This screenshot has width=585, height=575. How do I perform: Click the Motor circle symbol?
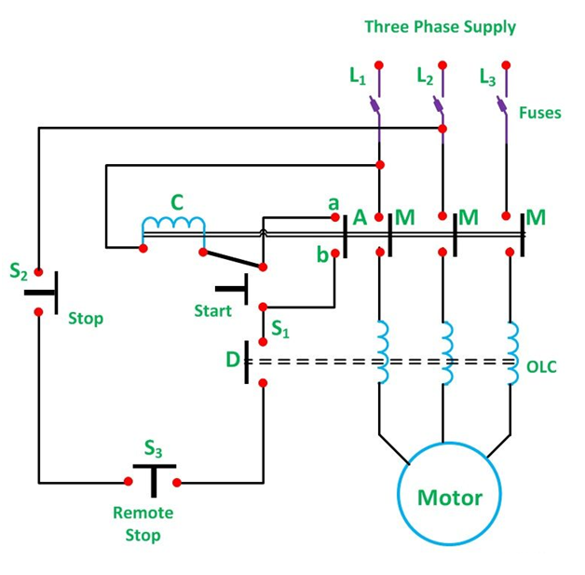pos(449,443)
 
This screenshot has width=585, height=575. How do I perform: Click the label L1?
pos(358,76)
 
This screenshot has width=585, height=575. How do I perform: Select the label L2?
pos(425,76)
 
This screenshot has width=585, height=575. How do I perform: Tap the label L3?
pos(487,76)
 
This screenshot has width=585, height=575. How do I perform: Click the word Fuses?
pos(540,113)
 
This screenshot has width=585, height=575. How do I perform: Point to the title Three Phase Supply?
pos(441,27)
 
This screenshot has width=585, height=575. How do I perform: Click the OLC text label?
pos(541,367)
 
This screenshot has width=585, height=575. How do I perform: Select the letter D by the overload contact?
pos(233,360)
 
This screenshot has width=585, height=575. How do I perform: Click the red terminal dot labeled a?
pos(335,217)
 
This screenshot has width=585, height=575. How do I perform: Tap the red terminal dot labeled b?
pos(335,253)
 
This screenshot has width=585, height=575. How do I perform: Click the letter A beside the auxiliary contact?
pos(360,217)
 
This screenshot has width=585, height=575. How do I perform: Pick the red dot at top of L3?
pos(506,65)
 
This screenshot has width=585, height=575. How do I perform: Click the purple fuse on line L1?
pos(375,104)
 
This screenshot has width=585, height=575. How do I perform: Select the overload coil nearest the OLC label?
pos(512,353)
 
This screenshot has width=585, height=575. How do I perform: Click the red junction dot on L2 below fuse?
pos(442,129)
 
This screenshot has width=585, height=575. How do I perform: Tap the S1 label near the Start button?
pos(279,329)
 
